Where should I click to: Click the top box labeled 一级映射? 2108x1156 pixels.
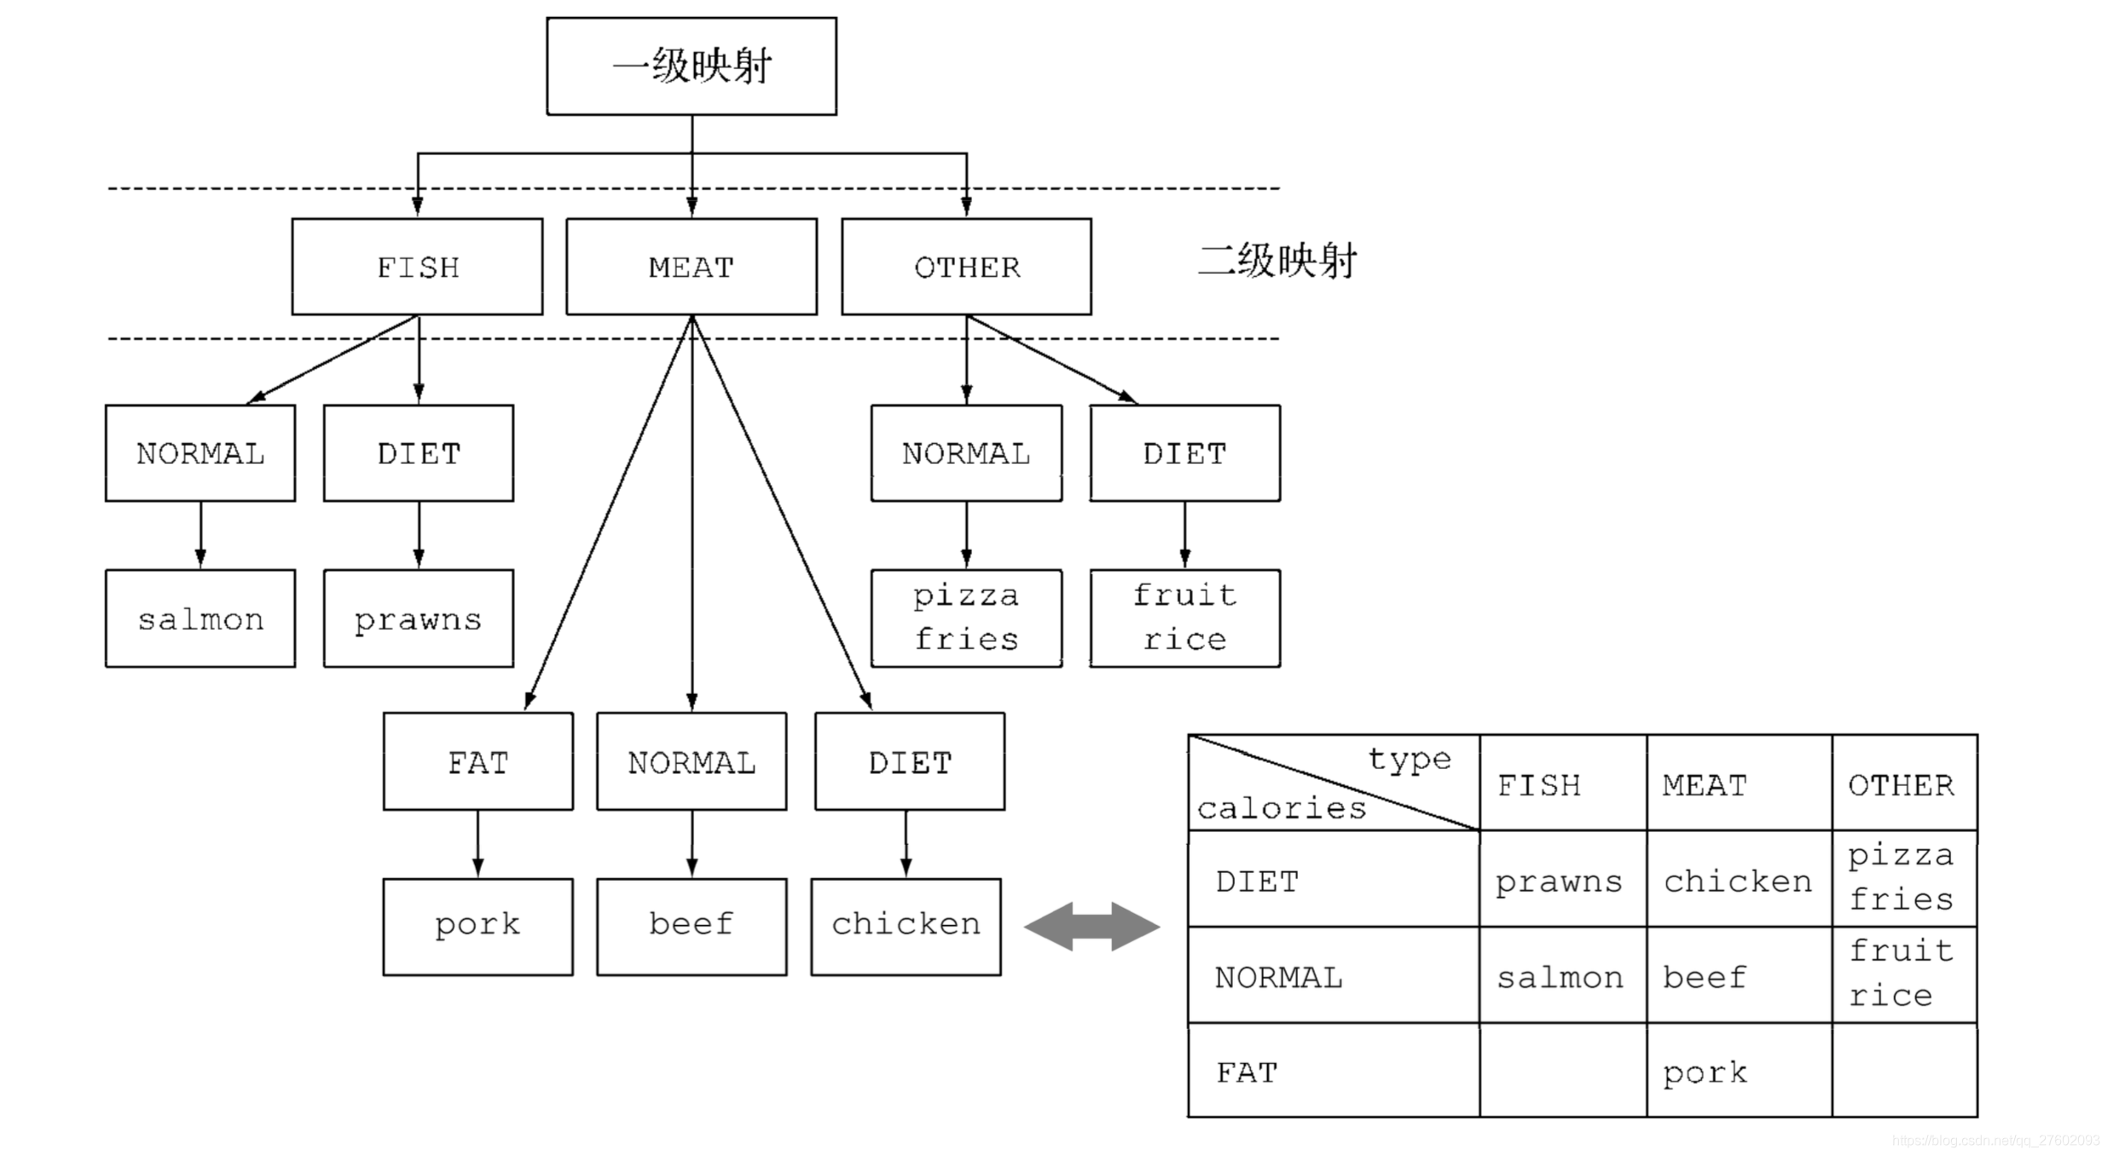[x=691, y=66]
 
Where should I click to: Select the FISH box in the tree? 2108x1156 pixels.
[x=417, y=267]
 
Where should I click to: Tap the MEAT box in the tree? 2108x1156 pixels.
[x=691, y=267]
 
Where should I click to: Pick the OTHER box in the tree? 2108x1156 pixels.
[x=966, y=267]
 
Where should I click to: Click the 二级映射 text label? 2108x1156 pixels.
[x=1277, y=260]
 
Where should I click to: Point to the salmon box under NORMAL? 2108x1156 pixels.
[x=200, y=618]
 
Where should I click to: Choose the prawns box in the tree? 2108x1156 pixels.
[x=418, y=618]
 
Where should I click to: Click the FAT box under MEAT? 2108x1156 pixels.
[x=478, y=761]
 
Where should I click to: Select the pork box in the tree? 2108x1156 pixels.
[x=478, y=926]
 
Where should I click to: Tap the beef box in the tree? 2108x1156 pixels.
[x=691, y=926]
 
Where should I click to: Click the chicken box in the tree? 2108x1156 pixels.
[x=906, y=926]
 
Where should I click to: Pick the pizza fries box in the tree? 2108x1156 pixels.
[x=966, y=618]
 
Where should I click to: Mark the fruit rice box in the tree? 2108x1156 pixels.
[x=1184, y=618]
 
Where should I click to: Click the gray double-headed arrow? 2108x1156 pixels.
[x=1092, y=926]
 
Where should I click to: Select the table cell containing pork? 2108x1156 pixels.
[x=1738, y=1071]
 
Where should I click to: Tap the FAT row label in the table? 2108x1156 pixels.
[x=1247, y=1072]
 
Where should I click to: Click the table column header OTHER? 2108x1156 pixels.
[x=1901, y=784]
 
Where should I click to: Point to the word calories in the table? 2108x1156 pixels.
[x=1281, y=807]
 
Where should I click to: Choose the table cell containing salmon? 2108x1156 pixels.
[x=1561, y=976]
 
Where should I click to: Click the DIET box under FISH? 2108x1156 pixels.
[x=418, y=453]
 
